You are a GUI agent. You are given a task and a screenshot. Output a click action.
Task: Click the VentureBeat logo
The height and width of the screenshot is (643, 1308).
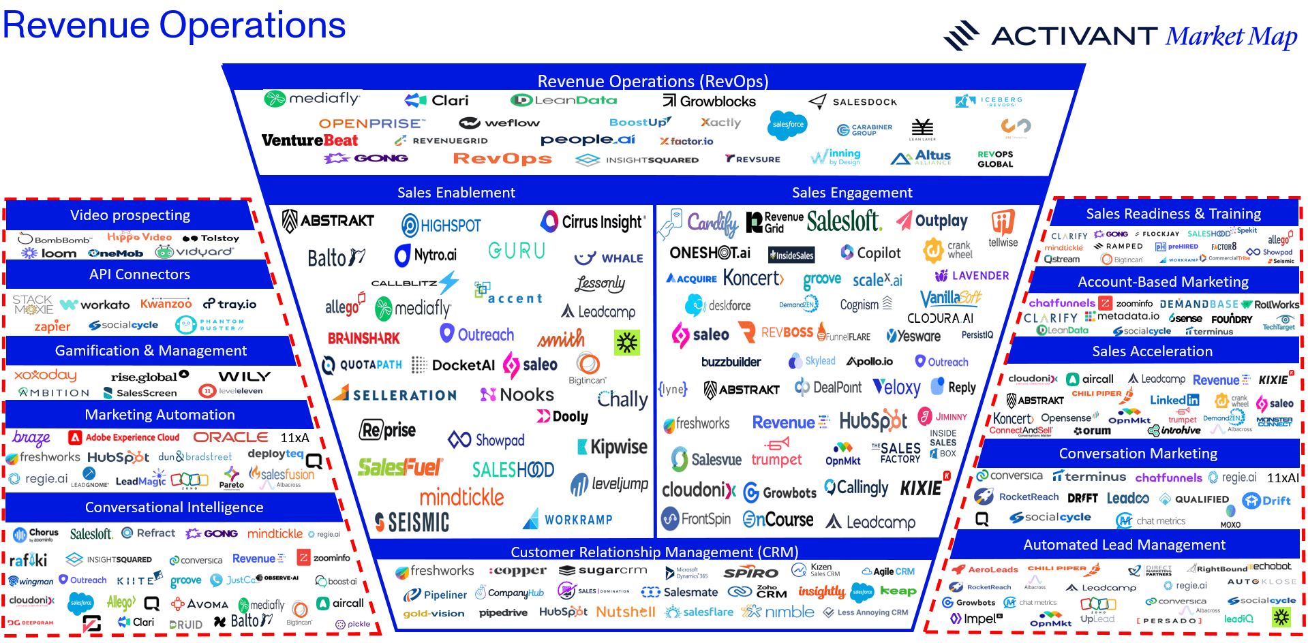pyautogui.click(x=309, y=140)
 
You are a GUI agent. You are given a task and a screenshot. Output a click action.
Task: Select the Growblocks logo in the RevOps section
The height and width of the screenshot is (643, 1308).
pyautogui.click(x=710, y=101)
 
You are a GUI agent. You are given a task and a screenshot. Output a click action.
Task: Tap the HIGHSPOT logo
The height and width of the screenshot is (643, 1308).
pyautogui.click(x=441, y=225)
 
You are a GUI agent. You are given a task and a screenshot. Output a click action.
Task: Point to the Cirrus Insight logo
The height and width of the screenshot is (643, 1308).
pyautogui.click(x=592, y=222)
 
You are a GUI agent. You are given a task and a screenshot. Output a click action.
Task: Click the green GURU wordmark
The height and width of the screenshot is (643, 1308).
pyautogui.click(x=517, y=251)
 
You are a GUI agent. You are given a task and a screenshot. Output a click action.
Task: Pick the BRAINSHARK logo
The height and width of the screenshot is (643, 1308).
pyautogui.click(x=364, y=339)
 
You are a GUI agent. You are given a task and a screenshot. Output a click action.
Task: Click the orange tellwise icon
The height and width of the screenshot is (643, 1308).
pyautogui.click(x=1003, y=222)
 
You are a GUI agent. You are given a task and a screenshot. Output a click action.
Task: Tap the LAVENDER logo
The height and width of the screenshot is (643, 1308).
pyautogui.click(x=972, y=276)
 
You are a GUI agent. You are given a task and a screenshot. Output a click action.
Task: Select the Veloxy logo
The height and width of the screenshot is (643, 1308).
pyautogui.click(x=896, y=388)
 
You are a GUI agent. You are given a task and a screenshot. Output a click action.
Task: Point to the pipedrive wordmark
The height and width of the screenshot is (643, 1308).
pyautogui.click(x=503, y=613)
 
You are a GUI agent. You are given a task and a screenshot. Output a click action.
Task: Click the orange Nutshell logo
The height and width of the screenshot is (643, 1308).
pyautogui.click(x=625, y=612)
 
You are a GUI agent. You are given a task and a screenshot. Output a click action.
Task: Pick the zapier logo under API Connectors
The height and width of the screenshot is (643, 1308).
pyautogui.click(x=52, y=326)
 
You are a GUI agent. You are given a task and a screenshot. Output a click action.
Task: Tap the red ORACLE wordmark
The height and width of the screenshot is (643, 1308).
pyautogui.click(x=231, y=437)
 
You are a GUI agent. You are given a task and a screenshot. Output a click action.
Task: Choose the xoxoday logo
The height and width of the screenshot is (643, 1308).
pyautogui.click(x=46, y=375)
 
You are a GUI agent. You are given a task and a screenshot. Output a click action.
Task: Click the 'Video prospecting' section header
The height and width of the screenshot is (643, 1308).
pyautogui.click(x=130, y=215)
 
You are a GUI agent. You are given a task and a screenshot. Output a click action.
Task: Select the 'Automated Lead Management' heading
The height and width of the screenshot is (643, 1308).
pyautogui.click(x=1124, y=545)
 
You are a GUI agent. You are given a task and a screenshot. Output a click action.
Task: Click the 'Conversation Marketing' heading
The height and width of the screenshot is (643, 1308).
pyautogui.click(x=1138, y=454)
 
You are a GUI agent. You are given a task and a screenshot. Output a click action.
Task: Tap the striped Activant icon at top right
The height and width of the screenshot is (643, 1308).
pyautogui.click(x=961, y=35)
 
